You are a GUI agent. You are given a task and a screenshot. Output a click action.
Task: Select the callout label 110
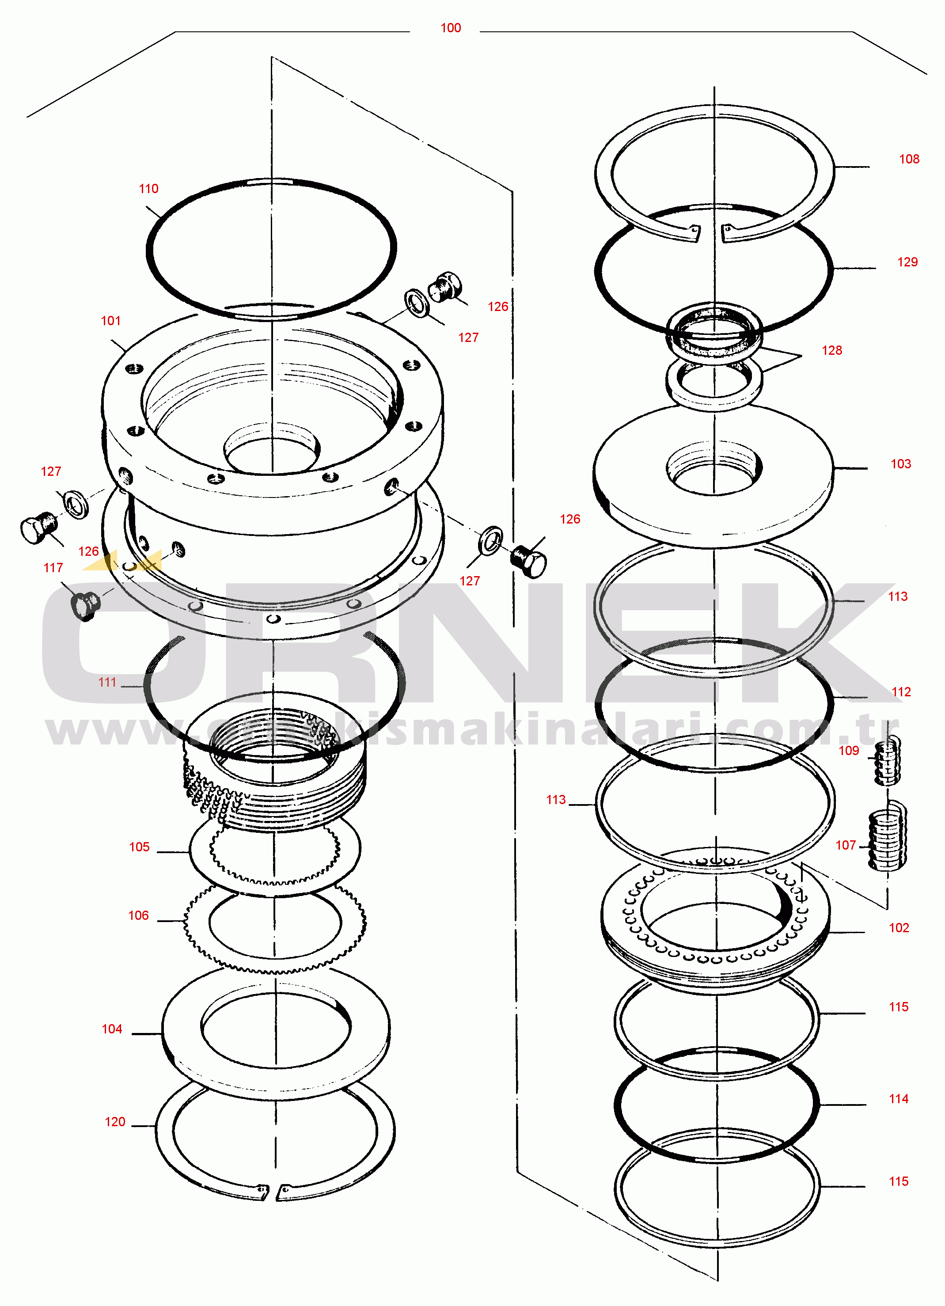(148, 188)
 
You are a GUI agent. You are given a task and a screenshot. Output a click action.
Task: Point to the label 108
(909, 159)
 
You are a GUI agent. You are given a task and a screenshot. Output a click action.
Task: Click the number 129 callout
(907, 262)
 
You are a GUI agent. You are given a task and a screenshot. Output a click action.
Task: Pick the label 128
(831, 350)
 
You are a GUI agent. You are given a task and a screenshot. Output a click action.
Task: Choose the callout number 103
(901, 463)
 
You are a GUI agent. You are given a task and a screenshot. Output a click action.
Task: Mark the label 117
(53, 567)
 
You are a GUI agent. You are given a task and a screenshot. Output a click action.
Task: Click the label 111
(107, 682)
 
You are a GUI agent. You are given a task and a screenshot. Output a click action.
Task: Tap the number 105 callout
(139, 847)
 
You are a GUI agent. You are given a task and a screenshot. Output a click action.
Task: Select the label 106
(138, 915)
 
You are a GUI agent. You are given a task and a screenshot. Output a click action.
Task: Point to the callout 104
(112, 1029)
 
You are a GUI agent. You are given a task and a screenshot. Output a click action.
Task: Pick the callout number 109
(848, 750)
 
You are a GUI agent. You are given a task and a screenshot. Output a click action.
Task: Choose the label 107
(846, 845)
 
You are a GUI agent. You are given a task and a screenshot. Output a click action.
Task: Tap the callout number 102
(899, 928)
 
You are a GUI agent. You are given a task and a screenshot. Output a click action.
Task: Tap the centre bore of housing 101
(272, 455)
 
